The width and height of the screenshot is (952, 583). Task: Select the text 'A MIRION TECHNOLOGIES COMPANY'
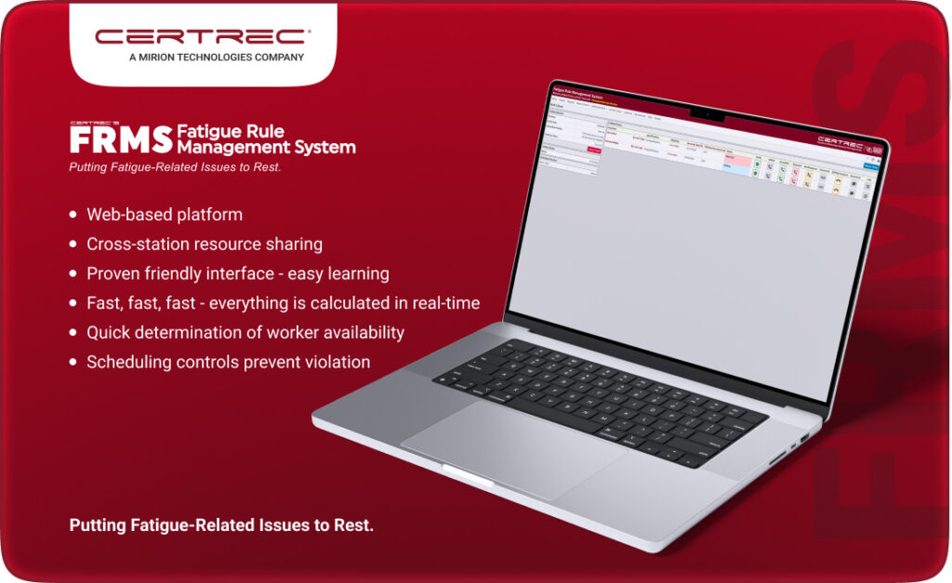click(203, 58)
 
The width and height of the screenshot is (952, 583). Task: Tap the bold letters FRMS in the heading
click(121, 139)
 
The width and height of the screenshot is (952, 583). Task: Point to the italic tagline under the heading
click(174, 167)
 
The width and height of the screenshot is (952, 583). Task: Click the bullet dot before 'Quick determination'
click(73, 333)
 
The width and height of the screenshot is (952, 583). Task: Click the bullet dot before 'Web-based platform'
click(73, 216)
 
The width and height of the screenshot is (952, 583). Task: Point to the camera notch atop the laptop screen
click(707, 114)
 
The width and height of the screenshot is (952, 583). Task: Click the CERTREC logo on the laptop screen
click(839, 140)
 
